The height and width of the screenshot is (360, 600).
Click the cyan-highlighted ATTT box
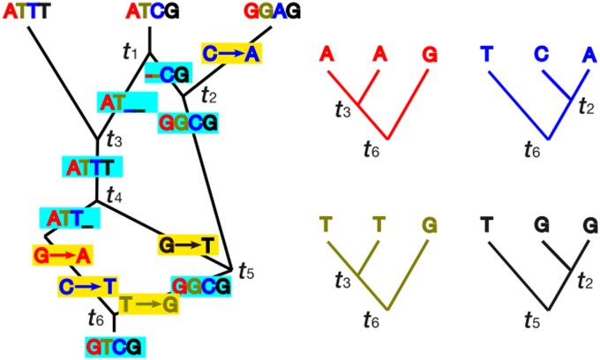point(92,166)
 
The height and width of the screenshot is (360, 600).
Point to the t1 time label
point(130,51)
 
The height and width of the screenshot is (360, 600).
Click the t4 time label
point(115,191)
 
